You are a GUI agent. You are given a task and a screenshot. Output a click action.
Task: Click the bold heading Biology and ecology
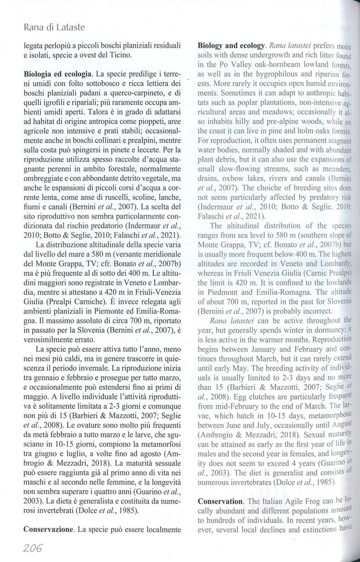coord(231,45)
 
